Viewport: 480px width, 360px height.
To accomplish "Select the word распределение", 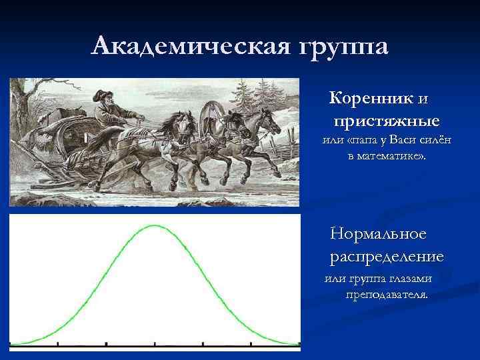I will pos(387,257).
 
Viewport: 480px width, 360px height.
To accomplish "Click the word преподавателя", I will pos(387,293).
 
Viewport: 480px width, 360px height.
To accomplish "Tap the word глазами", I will pos(409,278).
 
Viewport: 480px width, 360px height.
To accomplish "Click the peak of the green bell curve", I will pos(155,226).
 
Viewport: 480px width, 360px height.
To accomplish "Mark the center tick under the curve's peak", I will pos(155,345).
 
